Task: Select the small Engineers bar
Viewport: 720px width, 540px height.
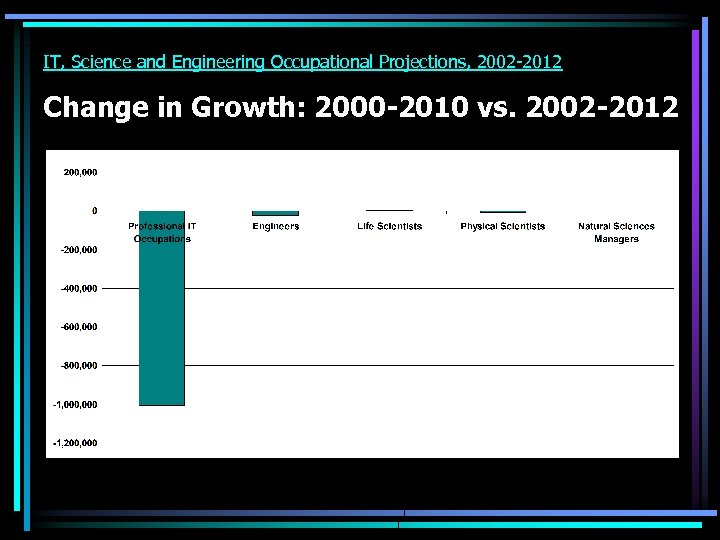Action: click(x=275, y=213)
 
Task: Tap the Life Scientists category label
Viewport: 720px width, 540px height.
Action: click(x=389, y=226)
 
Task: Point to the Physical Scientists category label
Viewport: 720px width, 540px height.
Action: click(x=502, y=226)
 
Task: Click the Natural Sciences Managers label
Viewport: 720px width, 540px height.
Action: click(x=616, y=232)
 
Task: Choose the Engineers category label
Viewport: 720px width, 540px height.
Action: click(x=275, y=226)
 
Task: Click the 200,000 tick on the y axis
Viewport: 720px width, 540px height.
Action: click(x=80, y=172)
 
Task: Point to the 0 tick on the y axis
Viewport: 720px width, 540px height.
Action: click(x=94, y=211)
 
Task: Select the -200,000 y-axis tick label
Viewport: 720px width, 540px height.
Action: click(x=78, y=250)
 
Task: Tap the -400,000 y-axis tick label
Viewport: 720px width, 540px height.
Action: click(x=78, y=288)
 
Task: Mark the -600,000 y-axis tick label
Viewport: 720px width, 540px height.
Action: click(x=78, y=327)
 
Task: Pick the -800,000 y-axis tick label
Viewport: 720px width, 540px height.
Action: click(x=78, y=366)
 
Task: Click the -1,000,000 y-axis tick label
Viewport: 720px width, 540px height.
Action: click(x=76, y=404)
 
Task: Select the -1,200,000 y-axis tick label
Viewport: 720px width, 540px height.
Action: click(x=76, y=443)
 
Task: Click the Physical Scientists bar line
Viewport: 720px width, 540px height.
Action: click(x=502, y=212)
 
